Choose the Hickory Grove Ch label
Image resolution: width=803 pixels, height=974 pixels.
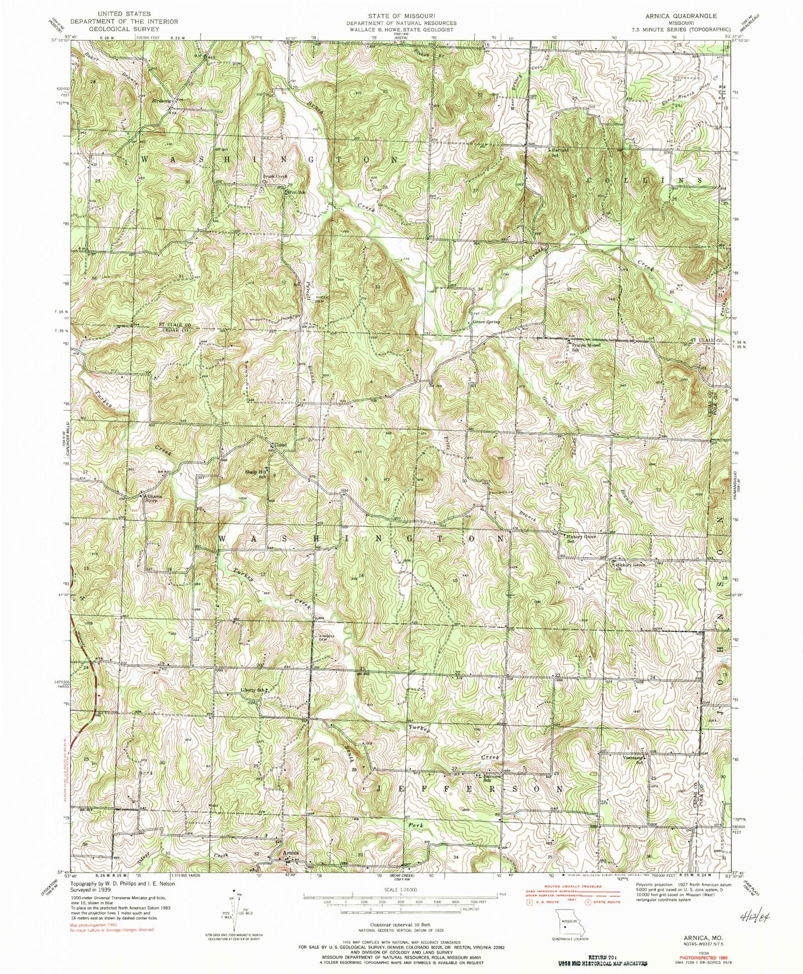point(630,566)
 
